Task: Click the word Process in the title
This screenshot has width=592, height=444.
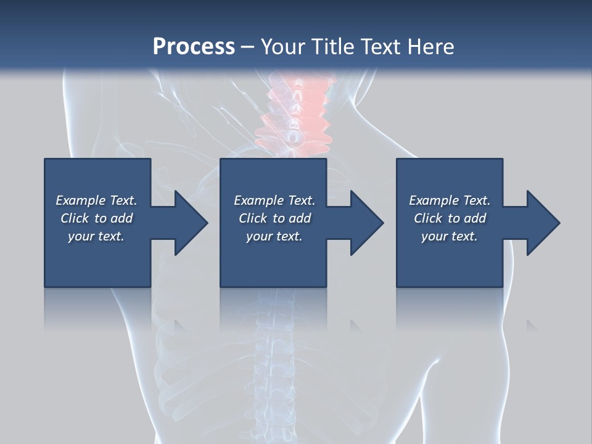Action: [194, 47]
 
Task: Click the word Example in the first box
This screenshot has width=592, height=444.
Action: [81, 200]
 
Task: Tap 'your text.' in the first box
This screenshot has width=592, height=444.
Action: [96, 236]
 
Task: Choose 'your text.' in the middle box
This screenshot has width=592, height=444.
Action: [274, 236]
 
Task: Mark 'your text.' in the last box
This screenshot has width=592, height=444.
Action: [450, 236]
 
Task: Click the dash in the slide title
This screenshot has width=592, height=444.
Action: [247, 47]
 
